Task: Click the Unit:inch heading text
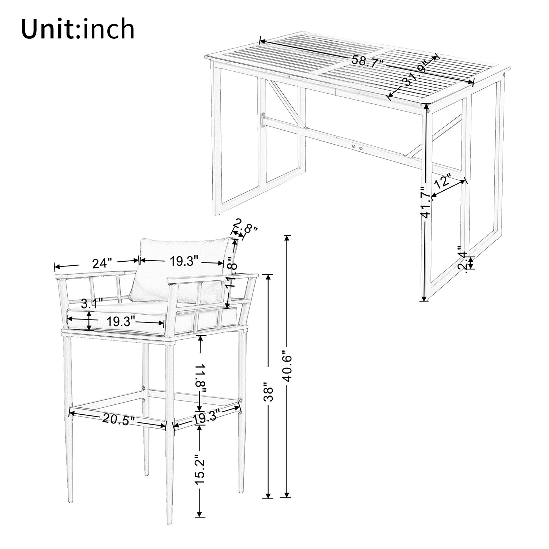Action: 78,29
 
